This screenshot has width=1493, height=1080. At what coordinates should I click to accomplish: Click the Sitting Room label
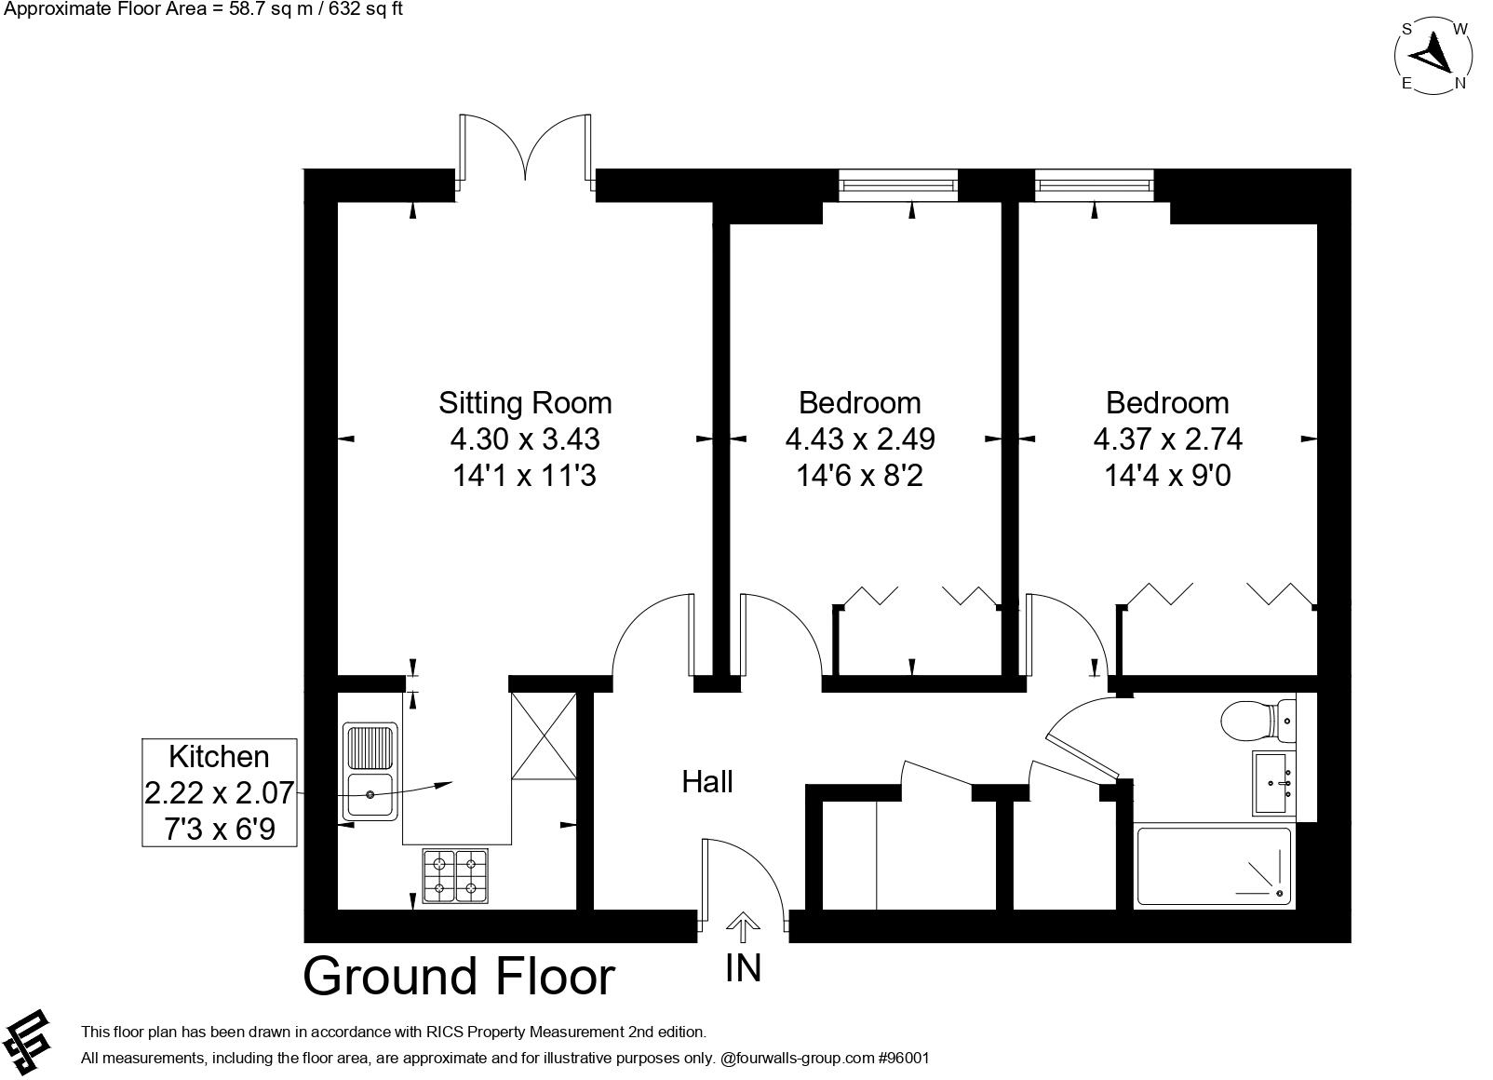tap(525, 403)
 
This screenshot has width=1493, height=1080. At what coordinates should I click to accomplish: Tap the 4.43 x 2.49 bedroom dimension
tap(859, 439)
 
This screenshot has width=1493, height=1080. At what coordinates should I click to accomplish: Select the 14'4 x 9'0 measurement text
tap(1167, 476)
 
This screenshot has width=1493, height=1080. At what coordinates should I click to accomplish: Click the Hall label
tap(707, 782)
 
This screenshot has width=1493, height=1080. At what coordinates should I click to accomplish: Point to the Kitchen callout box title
tap(219, 756)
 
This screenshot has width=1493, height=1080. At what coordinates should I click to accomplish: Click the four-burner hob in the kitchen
tap(455, 876)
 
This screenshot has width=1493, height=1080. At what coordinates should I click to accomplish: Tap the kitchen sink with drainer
tap(370, 772)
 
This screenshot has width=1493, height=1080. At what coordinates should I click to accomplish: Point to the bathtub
tap(1214, 866)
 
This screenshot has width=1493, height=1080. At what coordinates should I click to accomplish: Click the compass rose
tap(1433, 55)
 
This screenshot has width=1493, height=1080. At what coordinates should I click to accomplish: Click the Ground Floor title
tap(459, 976)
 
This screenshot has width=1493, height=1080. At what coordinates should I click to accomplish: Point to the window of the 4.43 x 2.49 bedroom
tap(898, 184)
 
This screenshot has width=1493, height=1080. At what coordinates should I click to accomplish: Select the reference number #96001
tap(904, 1058)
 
